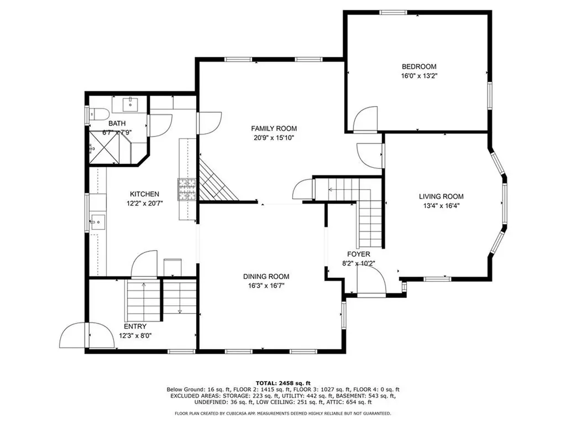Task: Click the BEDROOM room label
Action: (x=419, y=66)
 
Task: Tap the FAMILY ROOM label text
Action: (x=274, y=128)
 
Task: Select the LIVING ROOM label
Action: (x=441, y=196)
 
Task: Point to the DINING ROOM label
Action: (x=266, y=277)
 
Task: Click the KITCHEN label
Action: (x=144, y=194)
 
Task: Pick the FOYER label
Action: (x=358, y=255)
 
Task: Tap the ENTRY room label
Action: (x=135, y=326)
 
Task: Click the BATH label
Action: (x=117, y=123)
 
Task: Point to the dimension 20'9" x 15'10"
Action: (x=274, y=138)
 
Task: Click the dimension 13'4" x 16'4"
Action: (x=441, y=206)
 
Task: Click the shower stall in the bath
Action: (x=104, y=147)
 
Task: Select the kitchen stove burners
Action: (x=187, y=189)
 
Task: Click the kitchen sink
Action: (x=97, y=222)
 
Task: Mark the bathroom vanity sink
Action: (x=129, y=105)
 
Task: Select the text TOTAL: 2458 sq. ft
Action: (x=283, y=383)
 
